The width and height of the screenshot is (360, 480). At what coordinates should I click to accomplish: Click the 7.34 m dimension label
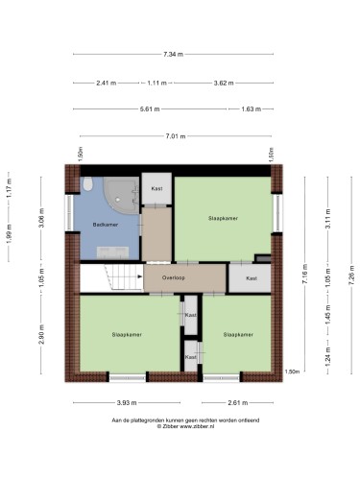173,54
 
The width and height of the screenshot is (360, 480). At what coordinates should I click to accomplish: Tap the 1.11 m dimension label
156,83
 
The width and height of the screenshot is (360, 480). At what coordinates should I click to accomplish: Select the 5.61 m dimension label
150,109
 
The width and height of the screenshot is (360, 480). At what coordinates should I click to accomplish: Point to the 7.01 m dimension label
176,136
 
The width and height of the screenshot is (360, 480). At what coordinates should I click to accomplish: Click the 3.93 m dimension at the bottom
127,402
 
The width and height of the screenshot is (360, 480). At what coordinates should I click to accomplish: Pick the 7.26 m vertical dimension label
351,276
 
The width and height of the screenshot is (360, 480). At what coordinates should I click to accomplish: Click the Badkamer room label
106,225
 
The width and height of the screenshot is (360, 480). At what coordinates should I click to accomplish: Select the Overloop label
173,277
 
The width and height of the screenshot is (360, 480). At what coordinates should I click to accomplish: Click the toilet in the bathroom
87,183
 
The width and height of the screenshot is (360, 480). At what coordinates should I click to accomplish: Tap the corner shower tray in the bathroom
121,196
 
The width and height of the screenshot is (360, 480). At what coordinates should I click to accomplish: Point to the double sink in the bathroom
112,252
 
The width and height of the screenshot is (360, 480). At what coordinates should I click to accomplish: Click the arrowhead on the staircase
140,276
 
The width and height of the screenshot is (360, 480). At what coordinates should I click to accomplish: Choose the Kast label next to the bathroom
156,188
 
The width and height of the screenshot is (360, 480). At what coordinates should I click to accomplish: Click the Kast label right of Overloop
252,278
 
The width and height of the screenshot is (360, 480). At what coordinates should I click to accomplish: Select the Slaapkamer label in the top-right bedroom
223,218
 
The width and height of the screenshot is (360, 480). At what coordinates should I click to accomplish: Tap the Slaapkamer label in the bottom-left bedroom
127,334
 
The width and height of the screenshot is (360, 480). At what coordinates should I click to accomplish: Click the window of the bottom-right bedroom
222,378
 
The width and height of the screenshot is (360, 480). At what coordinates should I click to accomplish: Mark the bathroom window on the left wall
69,212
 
